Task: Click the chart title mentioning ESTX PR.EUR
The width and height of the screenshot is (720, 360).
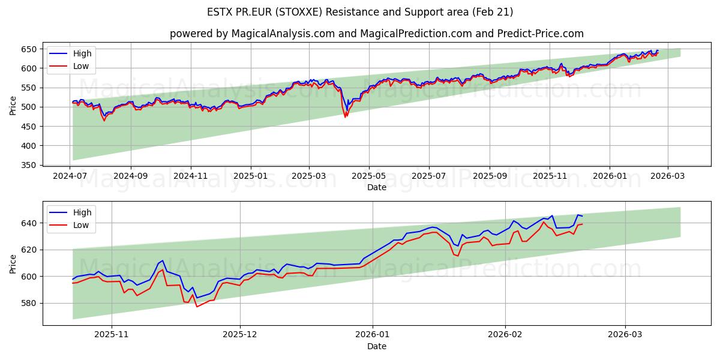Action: point(360,12)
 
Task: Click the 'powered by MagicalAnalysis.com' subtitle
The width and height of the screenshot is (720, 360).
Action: point(376,34)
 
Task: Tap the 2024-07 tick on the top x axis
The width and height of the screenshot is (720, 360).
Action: point(71,176)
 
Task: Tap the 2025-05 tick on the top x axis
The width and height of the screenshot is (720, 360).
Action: point(369,176)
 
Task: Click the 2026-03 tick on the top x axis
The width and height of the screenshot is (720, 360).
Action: point(667,176)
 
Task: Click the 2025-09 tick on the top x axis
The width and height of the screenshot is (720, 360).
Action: point(490,176)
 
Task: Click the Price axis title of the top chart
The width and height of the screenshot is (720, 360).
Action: point(13,106)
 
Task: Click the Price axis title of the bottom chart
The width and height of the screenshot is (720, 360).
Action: point(13,263)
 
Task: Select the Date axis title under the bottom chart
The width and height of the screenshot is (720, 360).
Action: point(376,346)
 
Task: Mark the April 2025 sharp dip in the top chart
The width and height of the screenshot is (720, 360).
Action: point(346,115)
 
